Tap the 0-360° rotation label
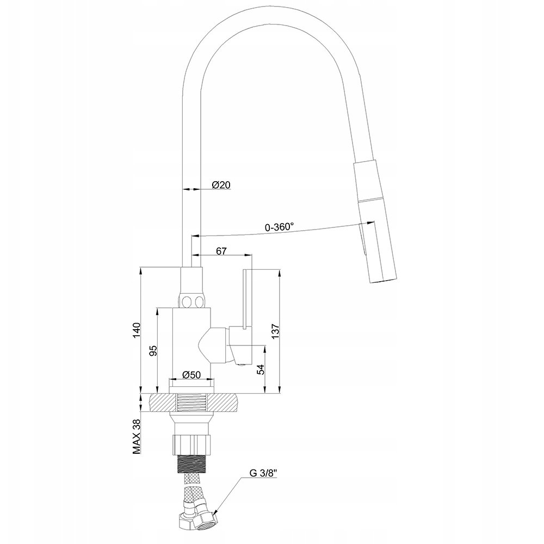[279, 227]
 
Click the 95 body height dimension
[153, 351]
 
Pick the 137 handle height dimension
[275, 331]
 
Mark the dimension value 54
[261, 369]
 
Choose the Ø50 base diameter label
[191, 375]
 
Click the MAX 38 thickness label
[137, 436]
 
